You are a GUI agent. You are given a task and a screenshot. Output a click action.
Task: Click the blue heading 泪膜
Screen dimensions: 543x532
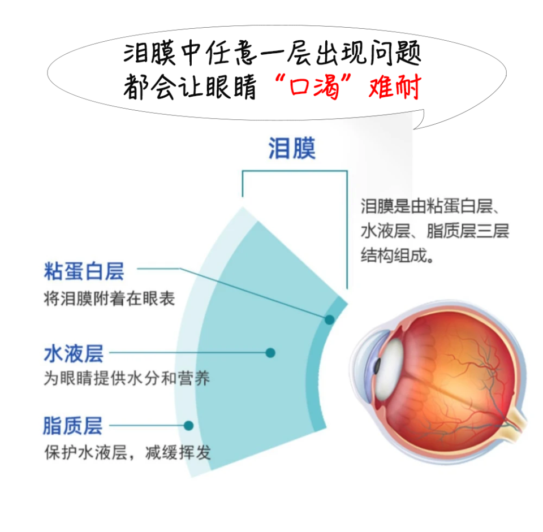291,148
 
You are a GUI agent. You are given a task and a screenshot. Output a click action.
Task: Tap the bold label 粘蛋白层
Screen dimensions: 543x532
84,272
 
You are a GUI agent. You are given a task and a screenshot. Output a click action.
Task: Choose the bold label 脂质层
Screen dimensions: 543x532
73,426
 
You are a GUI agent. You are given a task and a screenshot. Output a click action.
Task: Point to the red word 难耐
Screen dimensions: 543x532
395,88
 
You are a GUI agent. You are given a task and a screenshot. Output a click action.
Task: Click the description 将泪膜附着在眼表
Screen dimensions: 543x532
109,299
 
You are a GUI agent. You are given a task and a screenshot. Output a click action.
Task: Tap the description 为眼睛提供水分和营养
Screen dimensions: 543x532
127,378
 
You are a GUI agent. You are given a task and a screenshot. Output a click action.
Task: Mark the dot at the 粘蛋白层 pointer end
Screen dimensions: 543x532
329,319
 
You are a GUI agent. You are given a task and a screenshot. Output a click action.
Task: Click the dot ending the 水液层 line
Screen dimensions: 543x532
270,353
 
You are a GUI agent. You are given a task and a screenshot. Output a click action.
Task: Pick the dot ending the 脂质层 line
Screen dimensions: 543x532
189,425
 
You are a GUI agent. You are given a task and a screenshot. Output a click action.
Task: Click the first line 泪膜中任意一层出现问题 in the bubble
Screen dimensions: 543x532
272,55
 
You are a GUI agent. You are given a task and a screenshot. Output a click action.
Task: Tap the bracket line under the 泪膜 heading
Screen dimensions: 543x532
294,171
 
